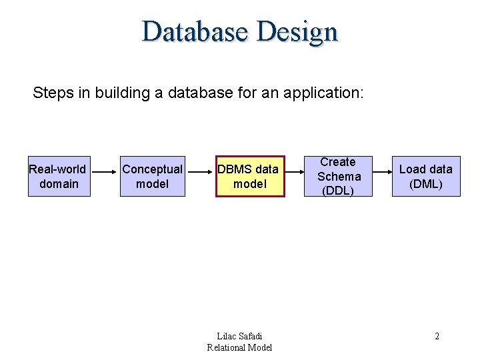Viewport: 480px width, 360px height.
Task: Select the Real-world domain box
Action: point(59,177)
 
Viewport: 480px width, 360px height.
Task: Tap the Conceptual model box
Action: point(152,177)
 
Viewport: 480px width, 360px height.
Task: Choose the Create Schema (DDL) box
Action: point(338,177)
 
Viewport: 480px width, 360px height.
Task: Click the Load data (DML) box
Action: point(425,177)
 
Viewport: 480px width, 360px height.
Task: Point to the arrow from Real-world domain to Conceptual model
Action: point(105,177)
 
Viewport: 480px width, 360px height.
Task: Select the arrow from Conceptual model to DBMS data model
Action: point(199,177)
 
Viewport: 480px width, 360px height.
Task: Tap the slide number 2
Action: point(437,336)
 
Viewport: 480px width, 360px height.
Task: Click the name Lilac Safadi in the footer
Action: point(240,336)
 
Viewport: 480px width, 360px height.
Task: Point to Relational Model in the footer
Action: point(239,347)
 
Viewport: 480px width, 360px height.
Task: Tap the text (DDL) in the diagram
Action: point(338,191)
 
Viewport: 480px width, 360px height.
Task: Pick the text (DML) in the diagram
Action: point(425,184)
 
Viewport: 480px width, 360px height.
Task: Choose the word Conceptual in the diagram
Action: point(152,169)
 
